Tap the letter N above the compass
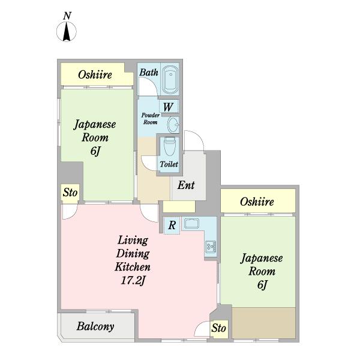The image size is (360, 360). pyautogui.click(x=67, y=15)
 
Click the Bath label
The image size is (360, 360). pyautogui.click(x=149, y=73)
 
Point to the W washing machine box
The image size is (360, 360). pyautogui.click(x=169, y=107)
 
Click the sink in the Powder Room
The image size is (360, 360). pyautogui.click(x=173, y=125)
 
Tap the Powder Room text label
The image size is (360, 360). pyautogui.click(x=150, y=118)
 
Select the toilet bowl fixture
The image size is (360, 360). pyautogui.click(x=169, y=147)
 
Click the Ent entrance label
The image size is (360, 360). pyautogui.click(x=186, y=185)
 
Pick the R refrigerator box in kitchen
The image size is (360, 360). pyautogui.click(x=172, y=226)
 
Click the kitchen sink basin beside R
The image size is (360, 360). pyautogui.click(x=193, y=224)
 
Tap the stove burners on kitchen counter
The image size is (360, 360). pyautogui.click(x=211, y=246)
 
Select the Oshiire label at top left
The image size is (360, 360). pyautogui.click(x=95, y=76)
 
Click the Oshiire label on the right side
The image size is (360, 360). pyautogui.click(x=257, y=202)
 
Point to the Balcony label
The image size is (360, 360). pyautogui.click(x=95, y=327)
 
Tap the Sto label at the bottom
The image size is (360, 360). pyautogui.click(x=219, y=329)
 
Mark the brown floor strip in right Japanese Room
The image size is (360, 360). pyautogui.click(x=263, y=322)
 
